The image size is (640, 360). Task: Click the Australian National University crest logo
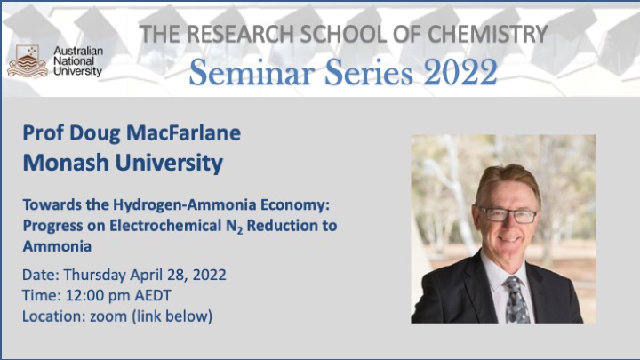[x=28, y=61]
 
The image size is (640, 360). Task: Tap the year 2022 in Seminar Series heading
[x=460, y=72]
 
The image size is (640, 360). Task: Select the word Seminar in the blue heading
[x=252, y=72]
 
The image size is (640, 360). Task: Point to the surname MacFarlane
[x=184, y=132]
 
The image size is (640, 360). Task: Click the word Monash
[x=66, y=163]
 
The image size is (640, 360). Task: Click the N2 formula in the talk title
[x=235, y=226]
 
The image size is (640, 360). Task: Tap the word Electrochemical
[x=165, y=225]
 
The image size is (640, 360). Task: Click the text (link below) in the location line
[x=172, y=316]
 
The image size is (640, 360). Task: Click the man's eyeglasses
[x=508, y=215]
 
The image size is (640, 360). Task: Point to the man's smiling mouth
[x=508, y=239]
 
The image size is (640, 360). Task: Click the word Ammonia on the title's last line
[x=57, y=246]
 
